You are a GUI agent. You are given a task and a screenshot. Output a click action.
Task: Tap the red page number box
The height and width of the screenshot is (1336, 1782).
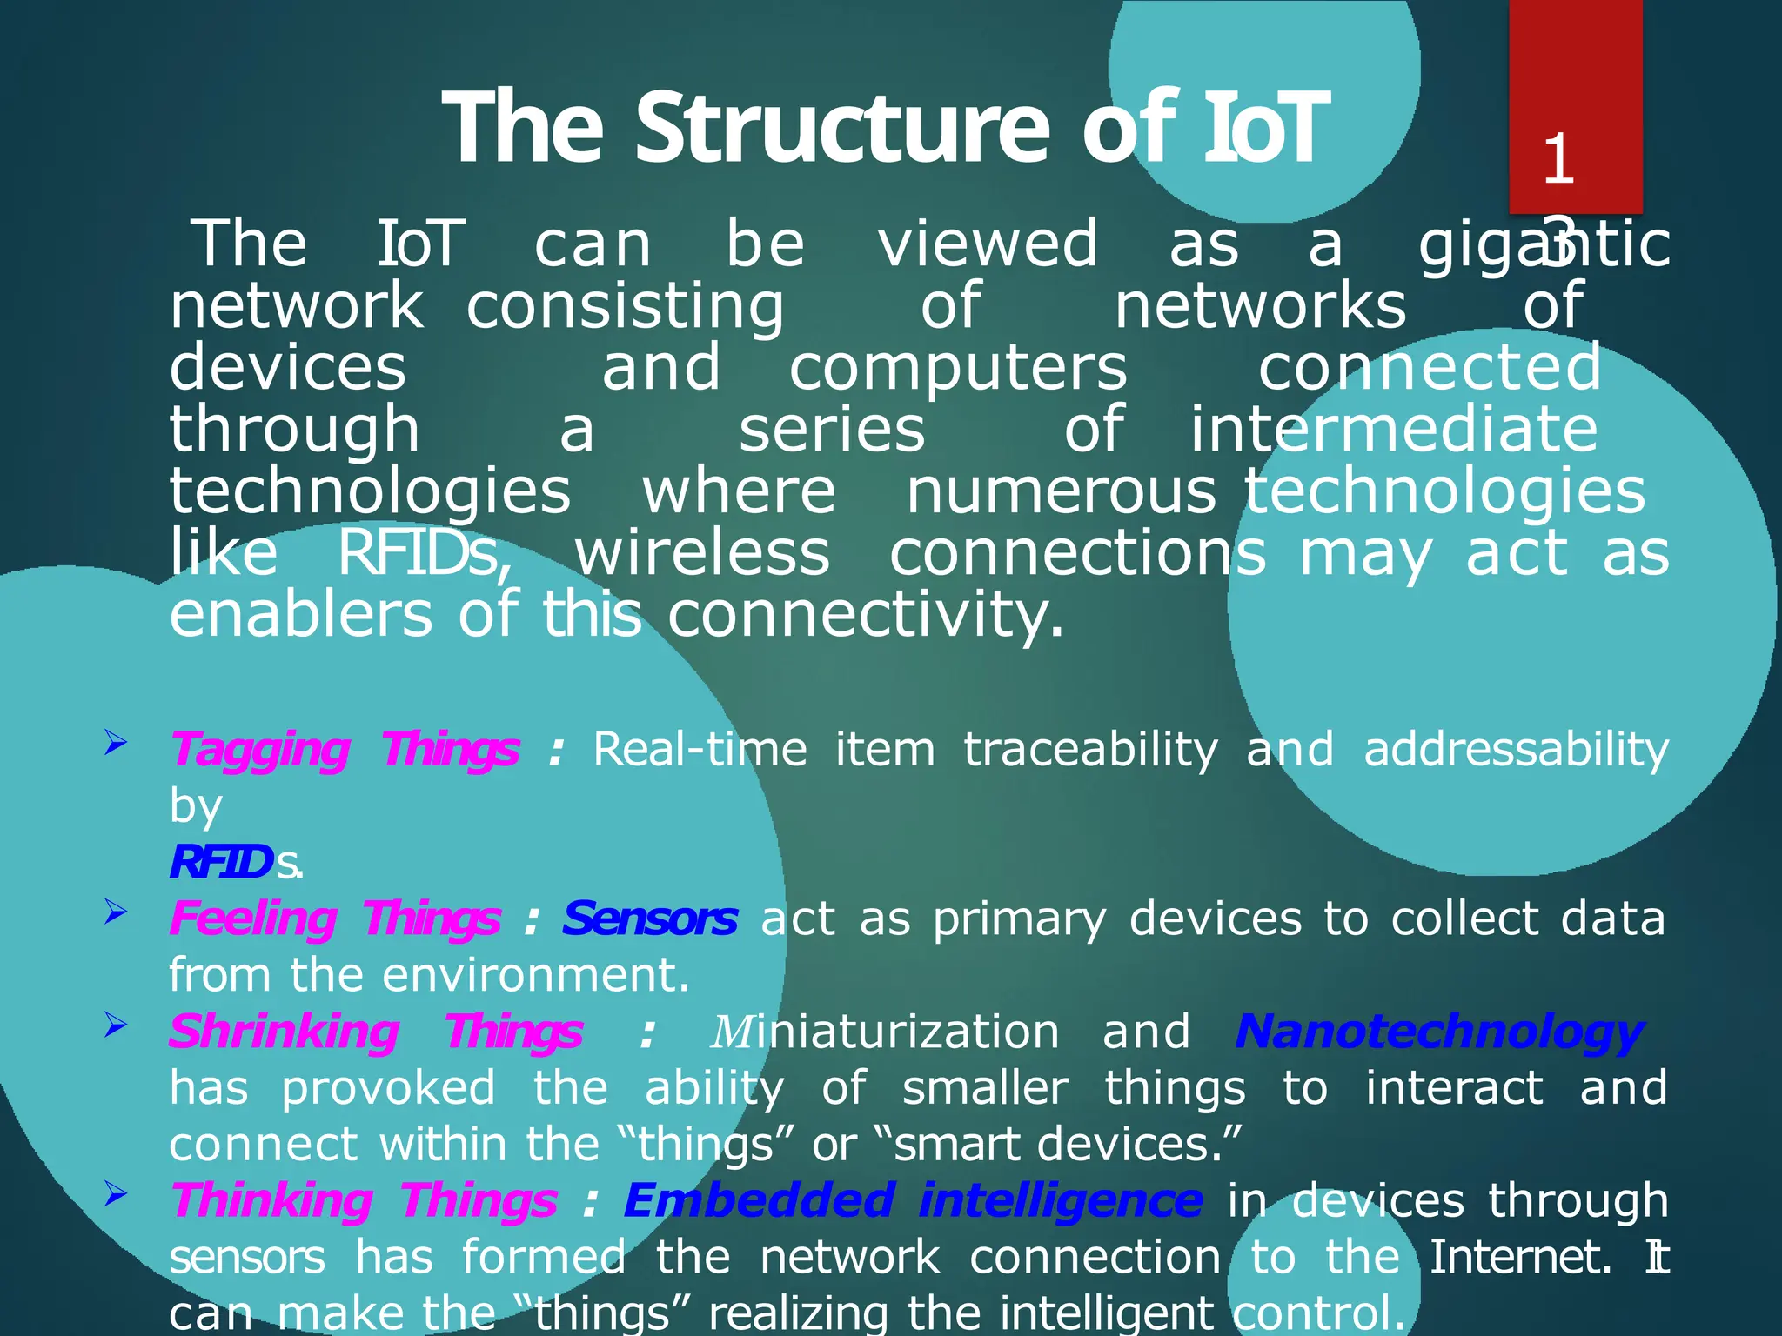click(x=1575, y=104)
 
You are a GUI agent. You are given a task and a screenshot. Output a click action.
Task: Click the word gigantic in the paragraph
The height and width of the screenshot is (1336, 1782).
click(x=1544, y=246)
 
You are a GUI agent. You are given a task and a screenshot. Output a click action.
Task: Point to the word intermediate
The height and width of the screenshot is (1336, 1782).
click(x=1393, y=431)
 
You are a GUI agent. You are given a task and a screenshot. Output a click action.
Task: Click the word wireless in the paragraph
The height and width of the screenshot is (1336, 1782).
click(x=702, y=554)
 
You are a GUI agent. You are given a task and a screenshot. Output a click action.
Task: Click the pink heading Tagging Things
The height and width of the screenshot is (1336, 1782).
click(x=345, y=750)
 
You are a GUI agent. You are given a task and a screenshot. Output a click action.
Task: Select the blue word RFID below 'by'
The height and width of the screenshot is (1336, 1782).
click(x=221, y=863)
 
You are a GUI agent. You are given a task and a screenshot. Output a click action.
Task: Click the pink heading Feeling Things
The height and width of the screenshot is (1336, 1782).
click(x=335, y=919)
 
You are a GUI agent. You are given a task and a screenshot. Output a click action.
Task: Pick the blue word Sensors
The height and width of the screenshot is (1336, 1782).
click(x=650, y=919)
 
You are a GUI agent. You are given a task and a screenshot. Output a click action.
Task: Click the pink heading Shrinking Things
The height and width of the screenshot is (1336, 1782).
click(x=375, y=1032)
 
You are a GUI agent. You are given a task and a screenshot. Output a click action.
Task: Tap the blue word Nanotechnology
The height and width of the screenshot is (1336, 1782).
click(x=1439, y=1032)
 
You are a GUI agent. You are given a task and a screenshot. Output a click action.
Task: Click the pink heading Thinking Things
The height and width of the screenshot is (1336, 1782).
click(x=364, y=1201)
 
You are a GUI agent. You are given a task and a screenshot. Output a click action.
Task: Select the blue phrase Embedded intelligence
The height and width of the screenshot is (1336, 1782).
click(x=914, y=1201)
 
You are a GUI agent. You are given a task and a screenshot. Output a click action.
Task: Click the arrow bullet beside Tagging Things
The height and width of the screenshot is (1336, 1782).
click(x=116, y=744)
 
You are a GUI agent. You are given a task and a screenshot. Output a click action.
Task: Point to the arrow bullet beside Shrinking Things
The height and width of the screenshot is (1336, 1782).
click(x=116, y=1026)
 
